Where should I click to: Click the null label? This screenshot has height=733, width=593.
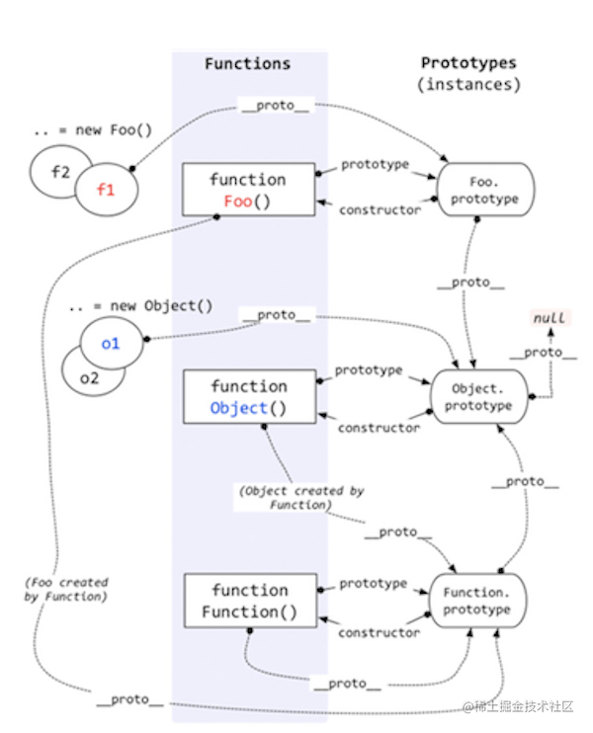pyautogui.click(x=550, y=318)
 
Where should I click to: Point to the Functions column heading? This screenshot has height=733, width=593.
pyautogui.click(x=247, y=63)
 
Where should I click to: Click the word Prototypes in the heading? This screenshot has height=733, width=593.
pyautogui.click(x=468, y=62)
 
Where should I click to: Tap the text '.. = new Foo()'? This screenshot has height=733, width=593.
pyautogui.click(x=93, y=129)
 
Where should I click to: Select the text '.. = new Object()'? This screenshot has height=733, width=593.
pyautogui.click(x=140, y=305)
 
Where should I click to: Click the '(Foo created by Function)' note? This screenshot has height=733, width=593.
pyautogui.click(x=66, y=589)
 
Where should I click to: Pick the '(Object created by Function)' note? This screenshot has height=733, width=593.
pyautogui.click(x=301, y=498)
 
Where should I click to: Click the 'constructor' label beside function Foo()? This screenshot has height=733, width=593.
pyautogui.click(x=380, y=210)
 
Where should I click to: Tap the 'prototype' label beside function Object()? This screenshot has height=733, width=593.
pyautogui.click(x=369, y=370)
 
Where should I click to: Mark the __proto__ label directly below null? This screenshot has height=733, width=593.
pyautogui.click(x=543, y=353)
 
